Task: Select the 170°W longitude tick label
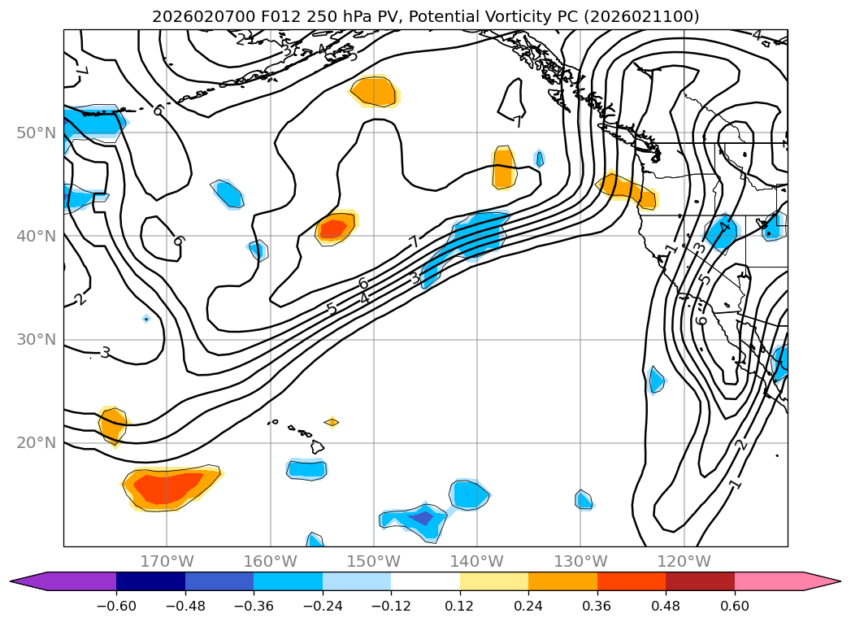pos(167,561)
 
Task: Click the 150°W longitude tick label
pos(374,561)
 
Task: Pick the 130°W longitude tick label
pos(580,561)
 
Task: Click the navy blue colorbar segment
pos(150,581)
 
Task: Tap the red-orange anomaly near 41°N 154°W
pos(333,228)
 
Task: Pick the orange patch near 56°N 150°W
pos(374,91)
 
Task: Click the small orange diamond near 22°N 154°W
pos(332,422)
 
